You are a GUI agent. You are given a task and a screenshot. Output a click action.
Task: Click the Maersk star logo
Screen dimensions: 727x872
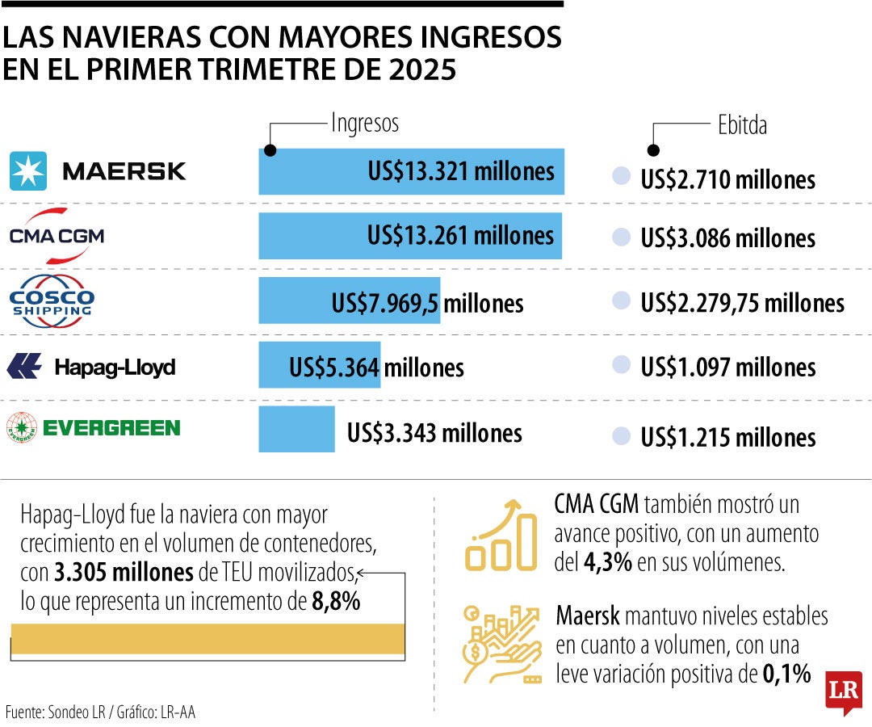click(x=28, y=170)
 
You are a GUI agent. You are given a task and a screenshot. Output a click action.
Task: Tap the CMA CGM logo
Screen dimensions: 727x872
click(x=57, y=236)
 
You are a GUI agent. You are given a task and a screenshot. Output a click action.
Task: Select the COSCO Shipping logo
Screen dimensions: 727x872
click(x=52, y=301)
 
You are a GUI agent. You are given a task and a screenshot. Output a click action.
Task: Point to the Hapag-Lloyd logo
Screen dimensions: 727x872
click(x=90, y=368)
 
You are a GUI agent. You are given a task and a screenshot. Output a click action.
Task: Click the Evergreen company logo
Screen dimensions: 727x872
click(x=93, y=427)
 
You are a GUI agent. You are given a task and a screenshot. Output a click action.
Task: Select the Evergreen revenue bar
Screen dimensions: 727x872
click(x=296, y=429)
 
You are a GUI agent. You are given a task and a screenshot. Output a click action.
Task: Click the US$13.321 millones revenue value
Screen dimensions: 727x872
click(x=460, y=171)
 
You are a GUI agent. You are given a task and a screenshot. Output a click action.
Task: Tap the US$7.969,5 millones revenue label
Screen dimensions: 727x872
click(x=427, y=304)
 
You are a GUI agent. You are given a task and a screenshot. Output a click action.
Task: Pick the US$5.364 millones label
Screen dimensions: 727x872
click(x=376, y=368)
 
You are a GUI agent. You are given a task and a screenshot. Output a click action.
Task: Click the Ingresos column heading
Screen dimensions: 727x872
click(x=365, y=124)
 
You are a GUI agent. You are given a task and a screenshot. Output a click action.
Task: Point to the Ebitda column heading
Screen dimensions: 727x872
click(x=742, y=125)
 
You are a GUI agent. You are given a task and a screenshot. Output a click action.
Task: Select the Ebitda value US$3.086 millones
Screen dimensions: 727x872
click(x=727, y=238)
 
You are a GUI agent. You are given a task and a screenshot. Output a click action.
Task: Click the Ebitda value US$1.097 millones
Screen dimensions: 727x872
click(x=727, y=368)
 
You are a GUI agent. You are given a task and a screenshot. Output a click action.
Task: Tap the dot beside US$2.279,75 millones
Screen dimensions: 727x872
click(x=621, y=302)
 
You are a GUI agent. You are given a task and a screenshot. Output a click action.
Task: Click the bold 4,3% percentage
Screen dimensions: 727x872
click(x=605, y=562)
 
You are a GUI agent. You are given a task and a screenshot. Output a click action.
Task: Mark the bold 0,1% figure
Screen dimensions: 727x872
click(x=786, y=674)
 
